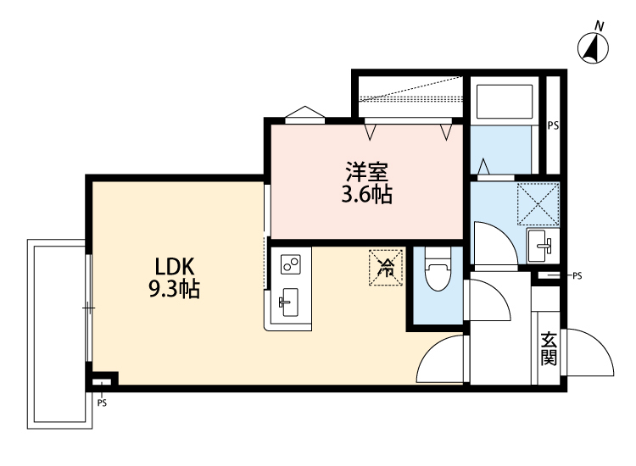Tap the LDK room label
[x=174, y=266]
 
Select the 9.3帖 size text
[x=174, y=291]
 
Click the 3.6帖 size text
[x=366, y=196]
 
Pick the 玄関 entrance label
[x=549, y=347]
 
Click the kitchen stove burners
[x=290, y=264]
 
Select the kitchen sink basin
[x=288, y=301]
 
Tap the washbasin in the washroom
[x=539, y=247]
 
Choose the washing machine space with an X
[x=538, y=203]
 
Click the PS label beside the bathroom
[x=553, y=125]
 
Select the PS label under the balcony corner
[x=103, y=402]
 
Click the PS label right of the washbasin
[x=577, y=275]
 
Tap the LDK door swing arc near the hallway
[x=443, y=360]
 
